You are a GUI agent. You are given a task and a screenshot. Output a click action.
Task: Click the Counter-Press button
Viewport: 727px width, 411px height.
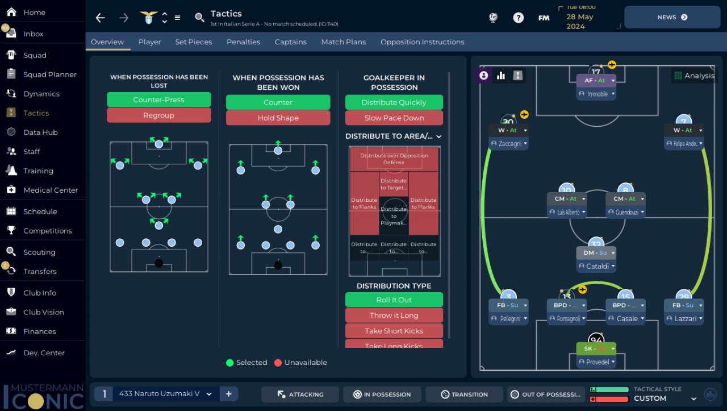[158, 99]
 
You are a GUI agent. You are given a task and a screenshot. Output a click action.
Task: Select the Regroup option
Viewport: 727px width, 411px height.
[158, 115]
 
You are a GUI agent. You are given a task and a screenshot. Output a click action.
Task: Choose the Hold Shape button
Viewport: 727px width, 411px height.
[278, 118]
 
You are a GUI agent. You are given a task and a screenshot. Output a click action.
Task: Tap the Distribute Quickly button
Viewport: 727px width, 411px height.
[394, 102]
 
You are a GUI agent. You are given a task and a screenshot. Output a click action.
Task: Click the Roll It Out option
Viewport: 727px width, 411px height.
[394, 300]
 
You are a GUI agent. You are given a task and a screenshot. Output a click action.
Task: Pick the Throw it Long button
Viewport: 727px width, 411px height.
[394, 315]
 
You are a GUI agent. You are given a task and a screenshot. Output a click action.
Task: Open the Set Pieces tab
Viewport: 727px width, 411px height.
[193, 42]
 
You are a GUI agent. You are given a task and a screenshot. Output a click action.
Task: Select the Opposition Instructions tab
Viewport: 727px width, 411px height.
[422, 42]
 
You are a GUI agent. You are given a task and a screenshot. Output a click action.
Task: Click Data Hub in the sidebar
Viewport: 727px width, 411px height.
[40, 132]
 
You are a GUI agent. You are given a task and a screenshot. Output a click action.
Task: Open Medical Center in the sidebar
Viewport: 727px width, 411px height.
[51, 190]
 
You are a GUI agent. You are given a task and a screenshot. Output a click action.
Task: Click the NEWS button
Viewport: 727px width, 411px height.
[672, 17]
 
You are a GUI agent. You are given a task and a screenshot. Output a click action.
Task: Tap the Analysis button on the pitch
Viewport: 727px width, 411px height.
[693, 76]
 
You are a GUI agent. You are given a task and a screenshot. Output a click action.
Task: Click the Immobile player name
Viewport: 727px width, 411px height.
[598, 94]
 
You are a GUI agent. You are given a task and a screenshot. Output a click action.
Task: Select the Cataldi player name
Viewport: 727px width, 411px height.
[598, 266]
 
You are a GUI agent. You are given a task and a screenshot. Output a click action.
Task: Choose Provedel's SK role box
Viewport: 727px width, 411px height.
[596, 348]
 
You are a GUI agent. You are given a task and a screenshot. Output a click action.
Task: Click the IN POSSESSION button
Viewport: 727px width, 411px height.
[382, 395]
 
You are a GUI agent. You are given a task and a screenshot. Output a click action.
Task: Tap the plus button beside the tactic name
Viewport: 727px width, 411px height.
[228, 394]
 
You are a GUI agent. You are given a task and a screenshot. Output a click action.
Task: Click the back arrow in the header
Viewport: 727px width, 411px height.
[101, 18]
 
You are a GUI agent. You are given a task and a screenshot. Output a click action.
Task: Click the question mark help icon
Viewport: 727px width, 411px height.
[518, 18]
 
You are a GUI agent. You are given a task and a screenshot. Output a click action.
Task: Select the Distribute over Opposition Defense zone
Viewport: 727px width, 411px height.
[394, 159]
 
